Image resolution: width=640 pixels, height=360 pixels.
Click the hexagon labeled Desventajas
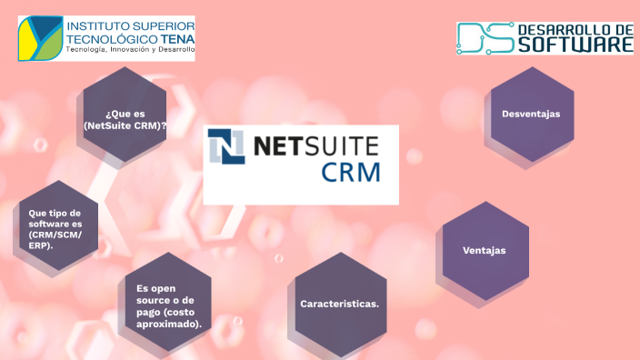[530, 115]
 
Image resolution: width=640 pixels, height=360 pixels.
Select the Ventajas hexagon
[485, 251]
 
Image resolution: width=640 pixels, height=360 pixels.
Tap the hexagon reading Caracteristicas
[340, 304]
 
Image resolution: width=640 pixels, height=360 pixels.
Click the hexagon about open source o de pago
[167, 301]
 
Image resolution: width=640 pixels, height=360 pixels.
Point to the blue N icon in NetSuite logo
[226, 146]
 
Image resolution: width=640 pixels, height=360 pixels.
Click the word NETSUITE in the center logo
[315, 145]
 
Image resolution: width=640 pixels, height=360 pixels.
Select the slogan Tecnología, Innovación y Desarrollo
[130, 50]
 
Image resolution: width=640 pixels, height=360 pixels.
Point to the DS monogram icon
[484, 37]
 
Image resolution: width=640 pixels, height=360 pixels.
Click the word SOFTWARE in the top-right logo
[575, 44]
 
